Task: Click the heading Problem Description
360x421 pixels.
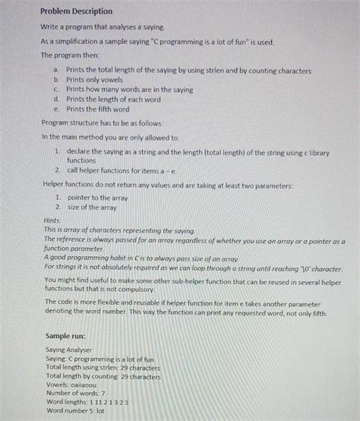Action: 77,12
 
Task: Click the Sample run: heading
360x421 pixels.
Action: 65,335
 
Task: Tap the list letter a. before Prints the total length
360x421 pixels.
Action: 56,70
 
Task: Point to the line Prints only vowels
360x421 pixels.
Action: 96,80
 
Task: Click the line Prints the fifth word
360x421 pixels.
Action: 98,109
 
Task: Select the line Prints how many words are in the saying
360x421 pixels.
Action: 129,90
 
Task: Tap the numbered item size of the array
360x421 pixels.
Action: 92,207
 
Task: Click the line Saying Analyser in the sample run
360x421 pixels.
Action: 68,350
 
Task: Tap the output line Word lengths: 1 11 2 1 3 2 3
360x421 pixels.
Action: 87,401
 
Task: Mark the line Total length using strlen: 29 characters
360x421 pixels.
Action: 103,367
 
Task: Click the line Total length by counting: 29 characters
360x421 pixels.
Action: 103,375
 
